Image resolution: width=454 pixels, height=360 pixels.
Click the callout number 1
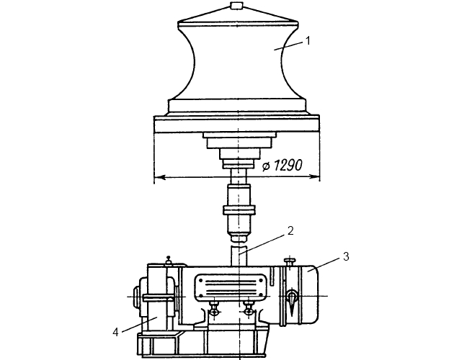308,41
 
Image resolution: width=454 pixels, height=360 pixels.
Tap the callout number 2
290,230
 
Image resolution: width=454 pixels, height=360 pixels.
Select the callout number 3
346,256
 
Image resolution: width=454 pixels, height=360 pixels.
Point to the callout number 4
116,333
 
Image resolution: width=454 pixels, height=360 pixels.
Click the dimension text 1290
288,166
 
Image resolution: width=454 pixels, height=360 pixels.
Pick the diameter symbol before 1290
266,166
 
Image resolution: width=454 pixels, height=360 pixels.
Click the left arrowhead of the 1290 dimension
159,176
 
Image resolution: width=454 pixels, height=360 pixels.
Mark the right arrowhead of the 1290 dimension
314,176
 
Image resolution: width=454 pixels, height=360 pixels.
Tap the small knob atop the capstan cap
236,6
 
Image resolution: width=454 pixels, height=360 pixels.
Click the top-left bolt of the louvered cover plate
200,280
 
